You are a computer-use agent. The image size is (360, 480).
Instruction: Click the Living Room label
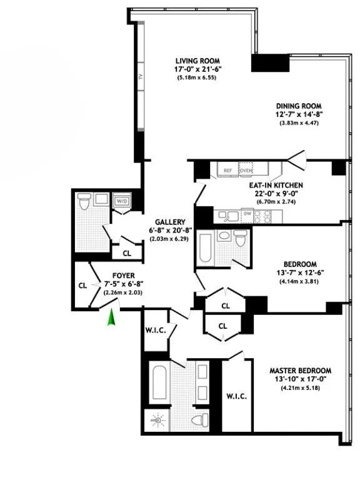click(196, 61)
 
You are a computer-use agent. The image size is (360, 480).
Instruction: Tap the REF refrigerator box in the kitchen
click(227, 169)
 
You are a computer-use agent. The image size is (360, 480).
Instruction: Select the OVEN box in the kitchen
click(246, 169)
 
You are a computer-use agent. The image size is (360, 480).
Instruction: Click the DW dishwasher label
click(247, 214)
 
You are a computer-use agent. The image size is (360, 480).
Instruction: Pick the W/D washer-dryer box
click(121, 202)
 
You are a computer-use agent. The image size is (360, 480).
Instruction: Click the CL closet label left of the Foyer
click(82, 285)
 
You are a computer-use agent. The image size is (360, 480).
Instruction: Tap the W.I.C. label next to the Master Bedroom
click(237, 396)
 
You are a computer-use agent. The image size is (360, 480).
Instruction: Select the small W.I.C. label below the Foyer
click(155, 330)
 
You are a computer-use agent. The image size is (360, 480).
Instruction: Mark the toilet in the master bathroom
click(200, 421)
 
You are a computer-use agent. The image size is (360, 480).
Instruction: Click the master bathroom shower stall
click(155, 421)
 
